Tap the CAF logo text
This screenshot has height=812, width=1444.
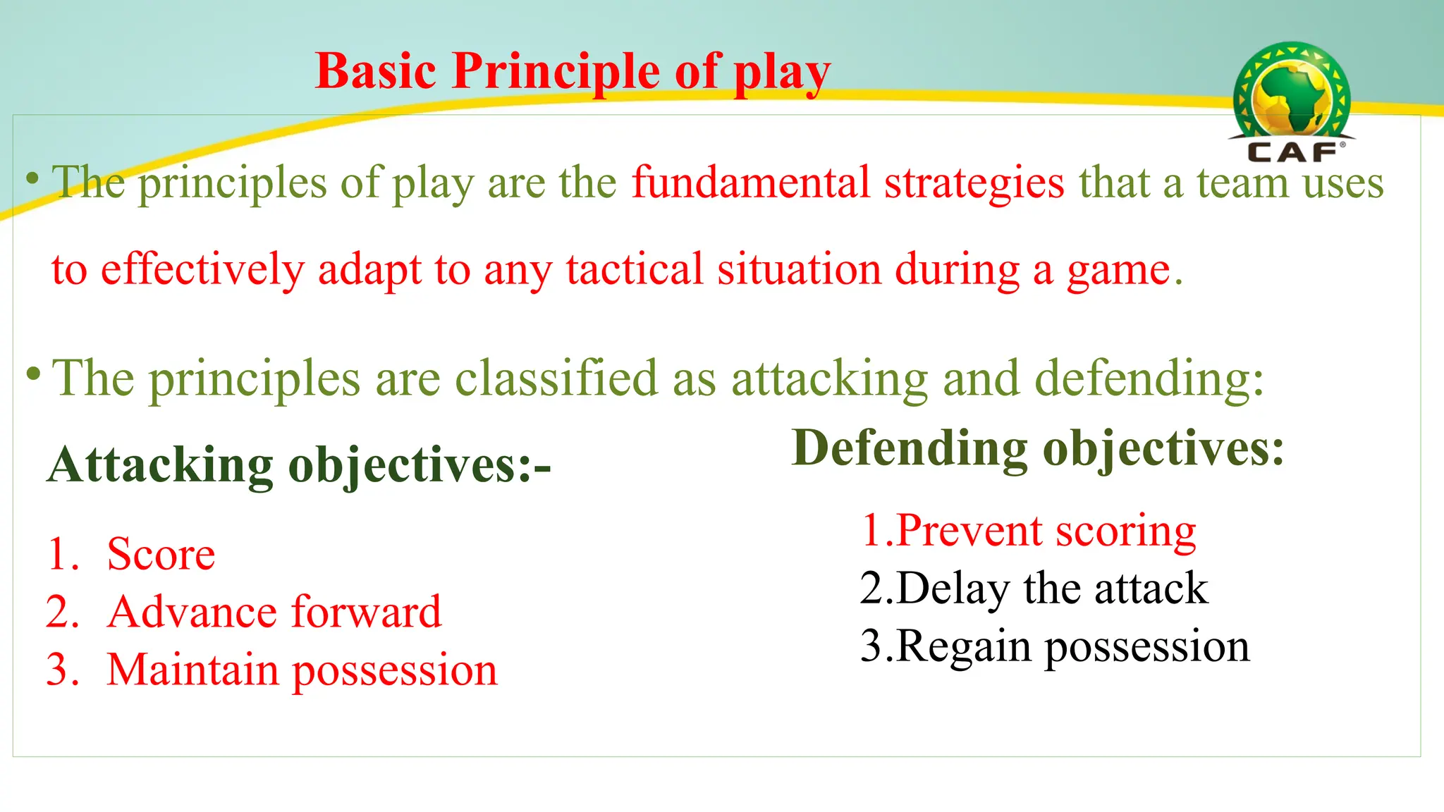point(1292,152)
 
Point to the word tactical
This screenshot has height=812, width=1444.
point(635,269)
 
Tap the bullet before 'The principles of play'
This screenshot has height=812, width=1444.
point(32,178)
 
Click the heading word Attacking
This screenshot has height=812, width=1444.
point(161,465)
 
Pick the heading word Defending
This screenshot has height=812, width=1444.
point(910,448)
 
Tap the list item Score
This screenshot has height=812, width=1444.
point(161,554)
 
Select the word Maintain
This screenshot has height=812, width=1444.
point(193,670)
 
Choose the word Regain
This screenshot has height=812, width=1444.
point(963,646)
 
